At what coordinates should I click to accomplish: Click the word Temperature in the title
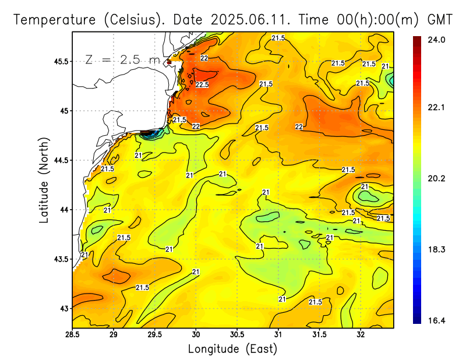click(56, 20)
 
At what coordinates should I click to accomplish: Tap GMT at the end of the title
click(440, 20)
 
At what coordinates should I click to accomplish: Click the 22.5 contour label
click(202, 85)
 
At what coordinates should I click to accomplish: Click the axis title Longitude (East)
click(232, 349)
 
